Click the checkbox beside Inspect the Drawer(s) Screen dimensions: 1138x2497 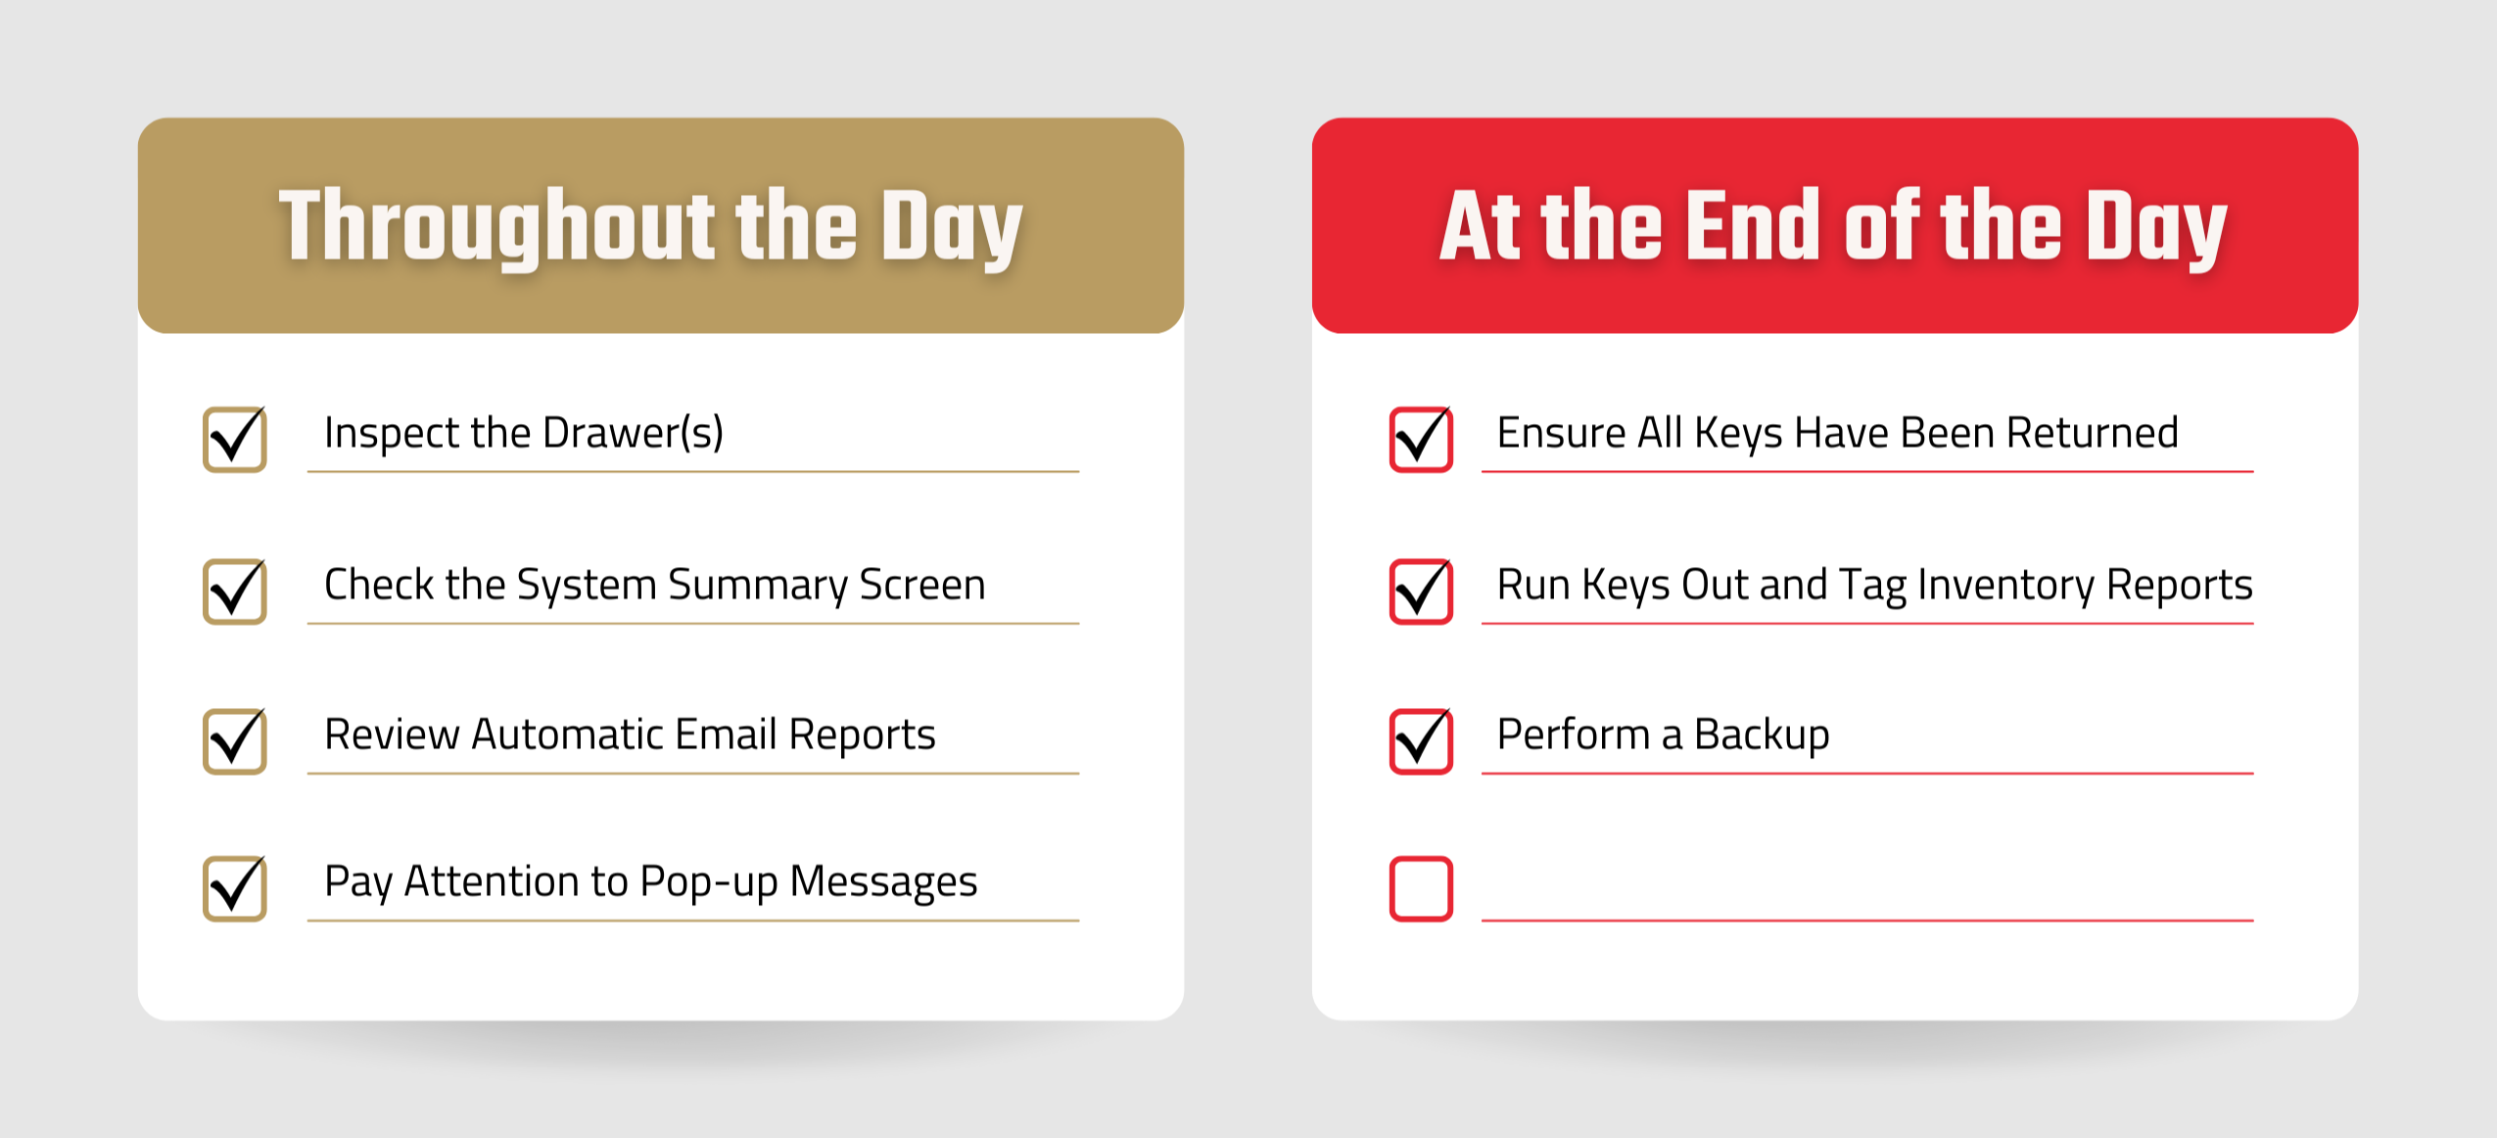click(x=235, y=440)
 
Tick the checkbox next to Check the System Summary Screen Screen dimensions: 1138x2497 click(x=235, y=592)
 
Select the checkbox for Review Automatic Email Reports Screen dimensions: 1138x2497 click(x=235, y=741)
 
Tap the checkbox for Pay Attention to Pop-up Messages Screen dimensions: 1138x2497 click(x=235, y=888)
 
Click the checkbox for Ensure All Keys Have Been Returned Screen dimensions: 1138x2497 click(x=1421, y=440)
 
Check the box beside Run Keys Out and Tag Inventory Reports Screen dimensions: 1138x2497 click(x=1421, y=592)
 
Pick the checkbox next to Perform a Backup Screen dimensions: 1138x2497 click(x=1421, y=741)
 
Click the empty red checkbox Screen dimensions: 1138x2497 click(x=1421, y=888)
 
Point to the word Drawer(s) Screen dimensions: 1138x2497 click(x=633, y=433)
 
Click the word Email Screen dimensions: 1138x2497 click(x=726, y=735)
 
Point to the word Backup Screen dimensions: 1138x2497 click(x=1762, y=735)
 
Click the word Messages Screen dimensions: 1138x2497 click(x=883, y=881)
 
